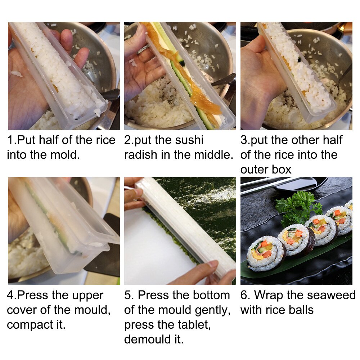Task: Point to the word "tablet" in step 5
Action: point(190,325)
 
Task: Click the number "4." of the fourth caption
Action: point(12,295)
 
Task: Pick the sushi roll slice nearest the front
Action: point(266,253)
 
